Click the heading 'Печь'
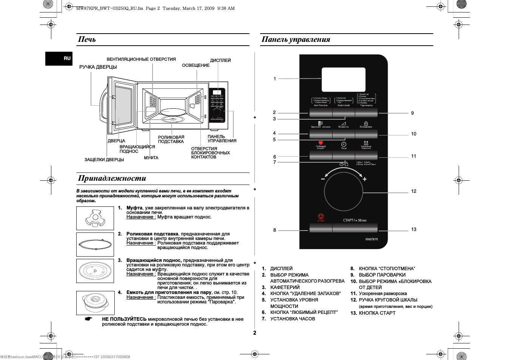(x=87, y=39)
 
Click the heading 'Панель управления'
(x=296, y=39)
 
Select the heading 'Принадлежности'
(x=112, y=178)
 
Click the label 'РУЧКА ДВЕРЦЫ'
(x=98, y=67)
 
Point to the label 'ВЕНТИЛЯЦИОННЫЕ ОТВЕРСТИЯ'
(x=141, y=59)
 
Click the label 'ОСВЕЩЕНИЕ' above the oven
(x=196, y=65)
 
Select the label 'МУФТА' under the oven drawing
(x=151, y=158)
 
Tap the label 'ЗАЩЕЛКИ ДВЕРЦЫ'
(x=104, y=160)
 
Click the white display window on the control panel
(x=344, y=79)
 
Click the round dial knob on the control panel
(x=343, y=191)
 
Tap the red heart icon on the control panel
(x=321, y=143)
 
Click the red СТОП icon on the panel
(x=321, y=217)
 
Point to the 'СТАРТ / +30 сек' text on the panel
(x=354, y=220)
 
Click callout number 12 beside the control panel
(x=414, y=191)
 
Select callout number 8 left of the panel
(x=274, y=230)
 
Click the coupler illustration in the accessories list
(x=95, y=218)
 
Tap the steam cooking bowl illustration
(x=95, y=303)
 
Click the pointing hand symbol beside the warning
(x=88, y=319)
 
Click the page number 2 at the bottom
(x=255, y=333)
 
